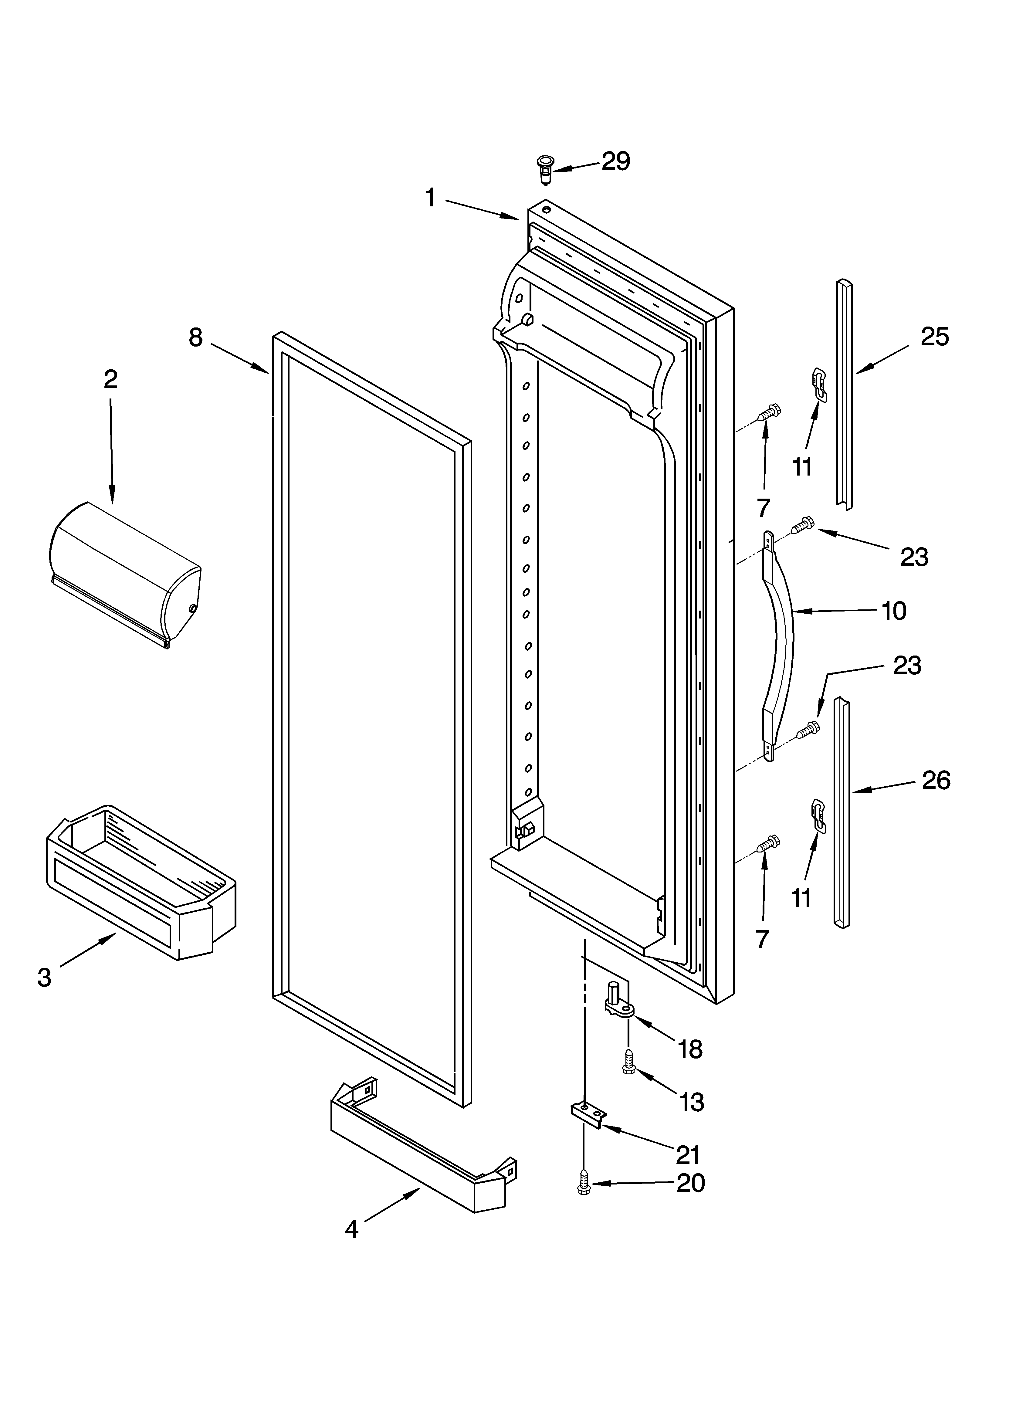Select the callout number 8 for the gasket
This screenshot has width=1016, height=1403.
tap(195, 338)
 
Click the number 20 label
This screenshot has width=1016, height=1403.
tap(690, 1183)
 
